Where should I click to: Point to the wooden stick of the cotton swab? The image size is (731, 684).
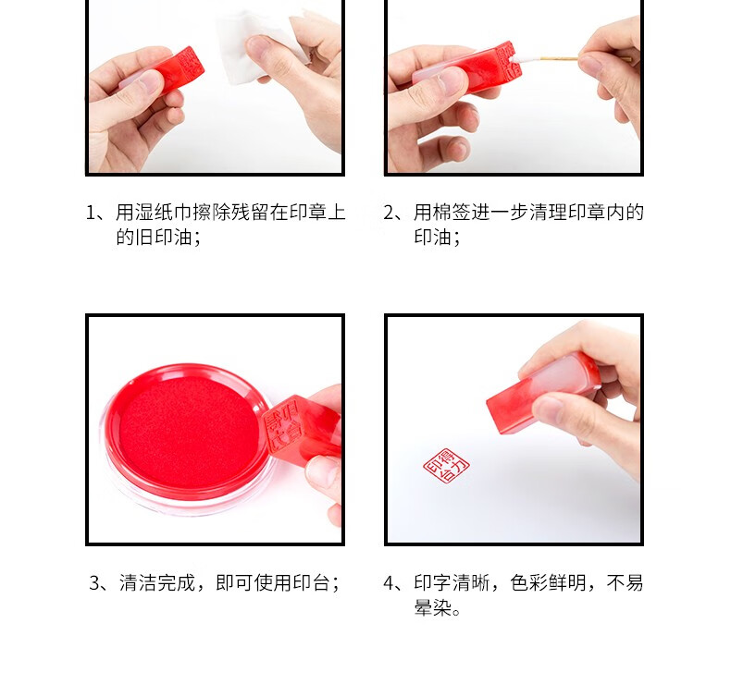pyautogui.click(x=584, y=58)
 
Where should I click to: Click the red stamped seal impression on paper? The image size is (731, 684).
pyautogui.click(x=446, y=466)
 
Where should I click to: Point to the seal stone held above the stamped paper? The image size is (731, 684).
pyautogui.click(x=540, y=391)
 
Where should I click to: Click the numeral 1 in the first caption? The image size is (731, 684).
pyautogui.click(x=91, y=213)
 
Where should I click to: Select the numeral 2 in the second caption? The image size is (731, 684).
pyautogui.click(x=390, y=213)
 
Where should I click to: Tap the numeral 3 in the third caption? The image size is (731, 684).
pyautogui.click(x=94, y=583)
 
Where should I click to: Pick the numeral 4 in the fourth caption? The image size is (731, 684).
pyautogui.click(x=390, y=583)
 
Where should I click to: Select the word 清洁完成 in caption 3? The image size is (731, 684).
pyautogui.click(x=157, y=583)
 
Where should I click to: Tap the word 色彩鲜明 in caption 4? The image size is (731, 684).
pyautogui.click(x=548, y=583)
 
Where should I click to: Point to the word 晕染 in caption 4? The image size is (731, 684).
pyautogui.click(x=433, y=607)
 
